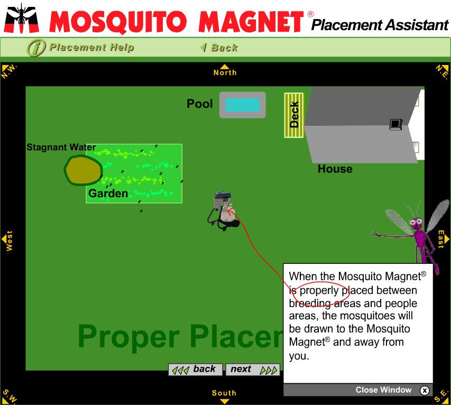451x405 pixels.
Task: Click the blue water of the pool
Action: coord(243,105)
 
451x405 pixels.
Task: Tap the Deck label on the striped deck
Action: coord(294,115)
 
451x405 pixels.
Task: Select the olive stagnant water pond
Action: coord(83,170)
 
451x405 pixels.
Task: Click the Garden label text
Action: coord(108,194)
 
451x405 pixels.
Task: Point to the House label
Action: coord(335,169)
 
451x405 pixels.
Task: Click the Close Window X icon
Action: coord(425,390)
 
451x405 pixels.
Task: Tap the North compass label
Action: coord(225,72)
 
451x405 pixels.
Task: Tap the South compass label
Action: coord(224,393)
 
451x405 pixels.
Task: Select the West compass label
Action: coord(10,241)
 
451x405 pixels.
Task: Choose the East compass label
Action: coord(440,239)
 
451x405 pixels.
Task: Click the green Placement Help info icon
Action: coord(36,48)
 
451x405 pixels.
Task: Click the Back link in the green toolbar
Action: coord(219,48)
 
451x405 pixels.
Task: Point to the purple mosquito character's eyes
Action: coord(416,222)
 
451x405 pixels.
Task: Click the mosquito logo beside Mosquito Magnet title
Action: coord(21,18)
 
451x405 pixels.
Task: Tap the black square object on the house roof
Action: coord(395,124)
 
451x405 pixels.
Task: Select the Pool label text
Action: coord(200,104)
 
